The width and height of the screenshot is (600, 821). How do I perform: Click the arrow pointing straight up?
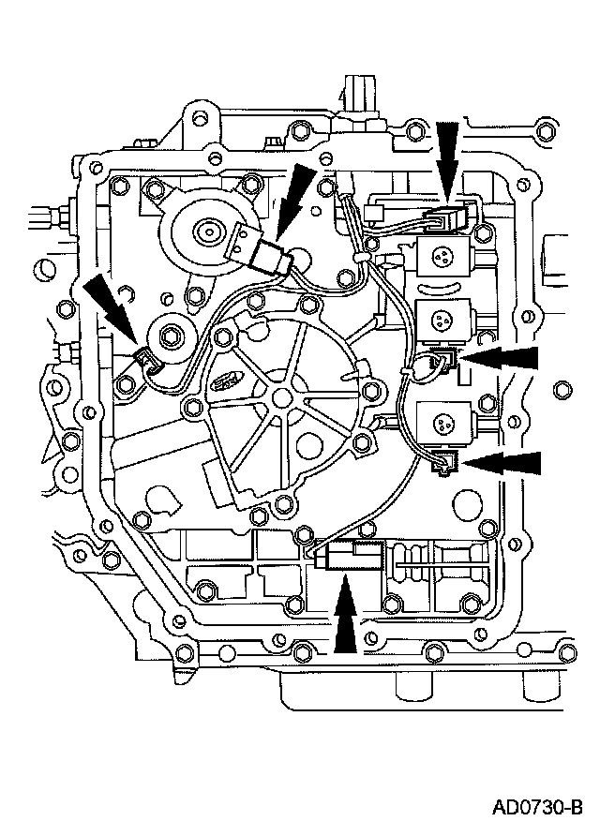pyautogui.click(x=345, y=619)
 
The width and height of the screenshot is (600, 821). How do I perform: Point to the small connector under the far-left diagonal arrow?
pyautogui.click(x=146, y=355)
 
